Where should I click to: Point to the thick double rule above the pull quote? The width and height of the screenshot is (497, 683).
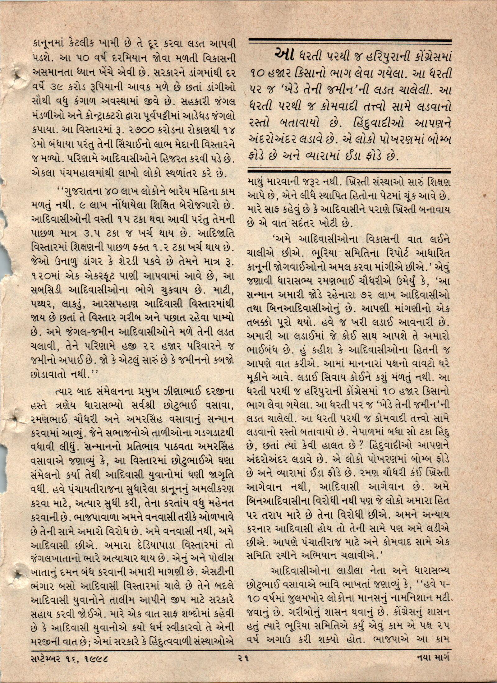349,41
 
